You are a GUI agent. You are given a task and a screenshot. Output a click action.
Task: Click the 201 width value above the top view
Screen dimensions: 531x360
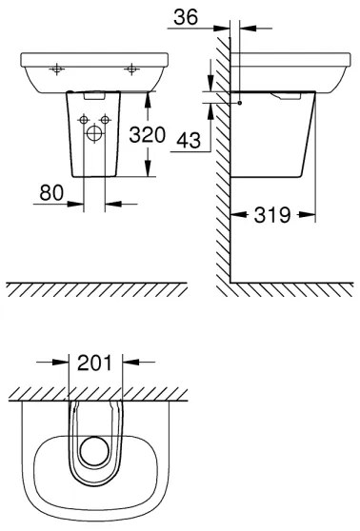coord(97,362)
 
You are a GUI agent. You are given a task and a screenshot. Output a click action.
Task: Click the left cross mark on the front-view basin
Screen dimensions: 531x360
coord(57,69)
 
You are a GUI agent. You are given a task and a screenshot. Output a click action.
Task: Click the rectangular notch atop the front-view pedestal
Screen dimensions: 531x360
coord(95,93)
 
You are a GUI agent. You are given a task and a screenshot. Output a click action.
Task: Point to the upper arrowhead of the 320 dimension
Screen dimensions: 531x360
coord(147,93)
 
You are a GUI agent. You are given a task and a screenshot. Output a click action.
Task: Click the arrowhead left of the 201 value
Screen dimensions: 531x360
coord(65,362)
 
